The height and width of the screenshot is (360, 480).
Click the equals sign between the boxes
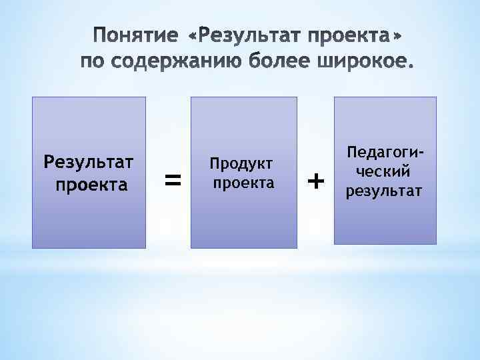point(173,179)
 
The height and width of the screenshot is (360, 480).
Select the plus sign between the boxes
point(317,180)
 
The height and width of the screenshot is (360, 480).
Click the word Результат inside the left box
point(89,163)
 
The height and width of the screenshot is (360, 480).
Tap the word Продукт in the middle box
point(243,164)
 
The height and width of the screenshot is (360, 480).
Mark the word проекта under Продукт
point(243,183)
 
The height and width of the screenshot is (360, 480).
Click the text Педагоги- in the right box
point(385,153)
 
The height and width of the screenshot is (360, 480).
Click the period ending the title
point(408,67)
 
